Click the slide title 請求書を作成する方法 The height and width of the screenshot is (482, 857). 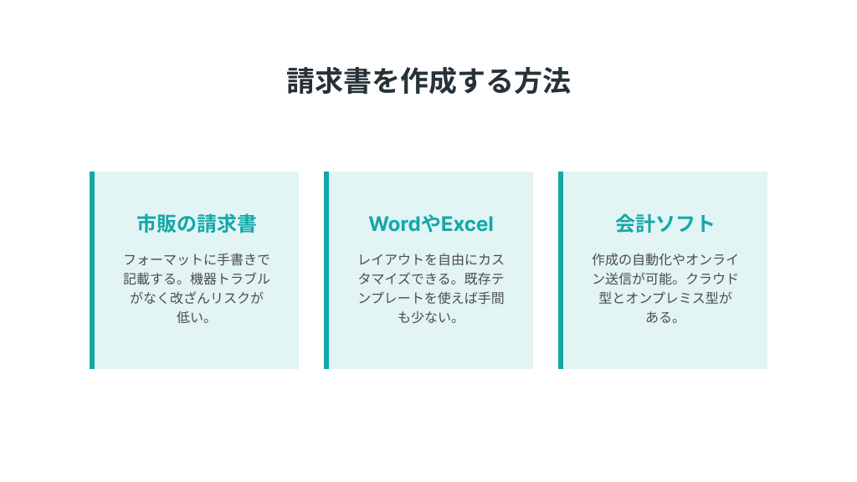pyautogui.click(x=428, y=81)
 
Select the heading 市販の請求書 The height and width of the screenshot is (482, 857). pyautogui.click(x=197, y=223)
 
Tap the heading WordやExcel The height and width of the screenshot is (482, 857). pyautogui.click(x=431, y=224)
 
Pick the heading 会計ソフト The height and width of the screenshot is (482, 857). pyautogui.click(x=665, y=223)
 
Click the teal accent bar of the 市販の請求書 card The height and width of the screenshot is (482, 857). pyautogui.click(x=92, y=270)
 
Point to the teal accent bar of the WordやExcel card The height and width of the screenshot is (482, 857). pyautogui.click(x=326, y=270)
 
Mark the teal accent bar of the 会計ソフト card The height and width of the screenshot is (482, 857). pyautogui.click(x=561, y=270)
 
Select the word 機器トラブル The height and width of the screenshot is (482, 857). pyautogui.click(x=230, y=279)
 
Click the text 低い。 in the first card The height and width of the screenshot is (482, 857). pyautogui.click(x=193, y=317)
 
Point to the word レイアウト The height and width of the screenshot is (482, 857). pyautogui.click(x=392, y=259)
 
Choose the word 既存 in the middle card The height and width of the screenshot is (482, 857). pyautogui.click(x=477, y=279)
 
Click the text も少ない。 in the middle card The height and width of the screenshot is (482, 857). pyautogui.click(x=428, y=317)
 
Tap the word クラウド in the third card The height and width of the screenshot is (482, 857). pyautogui.click(x=712, y=279)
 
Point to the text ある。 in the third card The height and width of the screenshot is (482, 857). pyautogui.click(x=663, y=317)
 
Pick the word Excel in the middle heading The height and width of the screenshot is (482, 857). pyautogui.click(x=467, y=224)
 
